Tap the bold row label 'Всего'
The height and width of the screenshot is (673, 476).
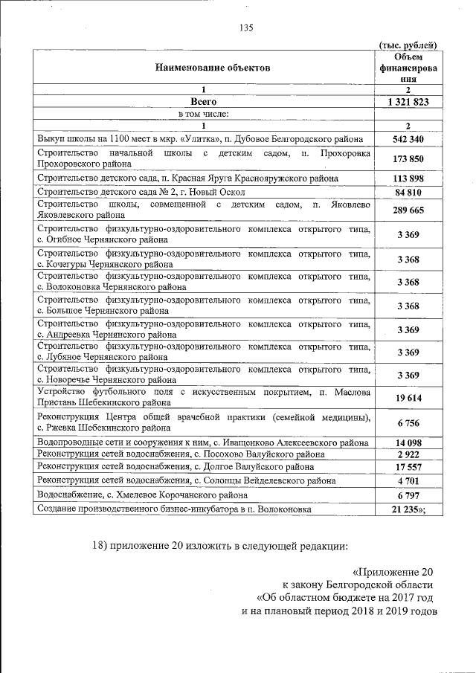click(x=203, y=101)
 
